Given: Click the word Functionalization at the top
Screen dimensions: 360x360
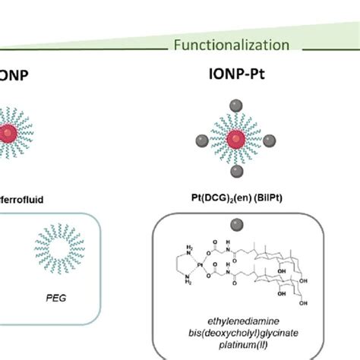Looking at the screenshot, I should tap(231, 45).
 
